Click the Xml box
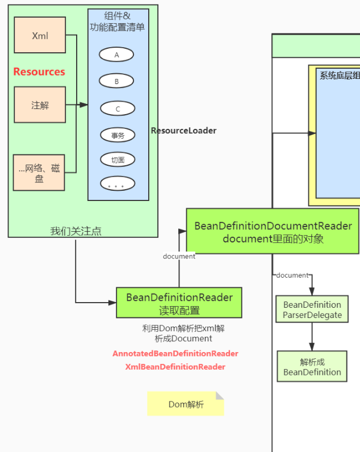(40, 35)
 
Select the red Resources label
(39, 72)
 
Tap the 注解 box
(40, 105)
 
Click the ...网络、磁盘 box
(39, 172)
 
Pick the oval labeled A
(116, 55)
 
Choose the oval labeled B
(116, 81)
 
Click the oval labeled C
(118, 108)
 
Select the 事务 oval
(118, 135)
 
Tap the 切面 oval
(118, 160)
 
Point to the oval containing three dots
(118, 184)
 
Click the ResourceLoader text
(183, 131)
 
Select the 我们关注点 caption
(76, 231)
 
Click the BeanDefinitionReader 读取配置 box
(179, 303)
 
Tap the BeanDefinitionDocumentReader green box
(273, 232)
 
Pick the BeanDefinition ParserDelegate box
(312, 309)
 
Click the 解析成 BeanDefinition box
(312, 366)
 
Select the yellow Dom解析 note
(186, 404)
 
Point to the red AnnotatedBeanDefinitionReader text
(175, 353)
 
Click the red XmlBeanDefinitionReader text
(175, 367)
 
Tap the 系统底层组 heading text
(339, 76)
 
